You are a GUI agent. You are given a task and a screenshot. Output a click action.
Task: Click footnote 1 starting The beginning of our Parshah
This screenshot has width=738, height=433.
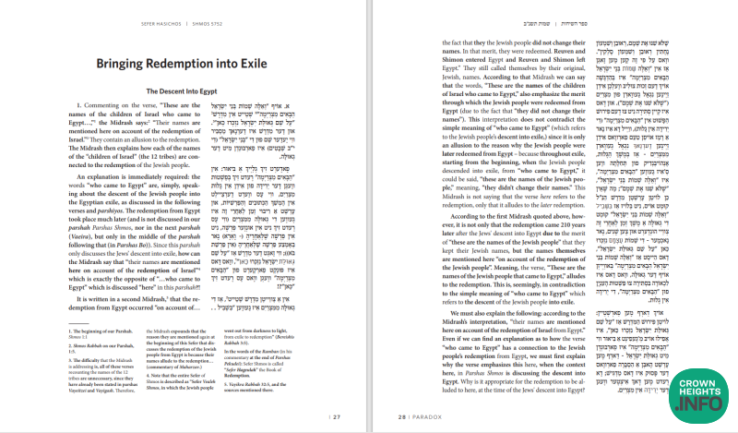[104, 345]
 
